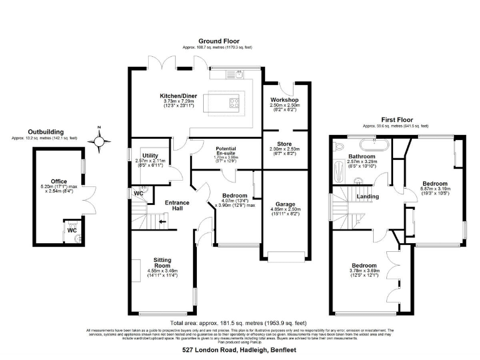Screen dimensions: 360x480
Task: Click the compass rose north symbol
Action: (99, 141)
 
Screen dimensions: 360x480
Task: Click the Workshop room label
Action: (284, 100)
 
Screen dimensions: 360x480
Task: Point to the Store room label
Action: (284, 144)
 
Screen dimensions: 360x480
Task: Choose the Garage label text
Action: (285, 204)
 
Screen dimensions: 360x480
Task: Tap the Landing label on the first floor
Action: (367, 197)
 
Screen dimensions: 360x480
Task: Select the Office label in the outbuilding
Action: (59, 181)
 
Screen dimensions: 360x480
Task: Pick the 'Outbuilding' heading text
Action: (46, 131)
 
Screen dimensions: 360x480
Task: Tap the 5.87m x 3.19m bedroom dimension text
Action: (435, 188)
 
